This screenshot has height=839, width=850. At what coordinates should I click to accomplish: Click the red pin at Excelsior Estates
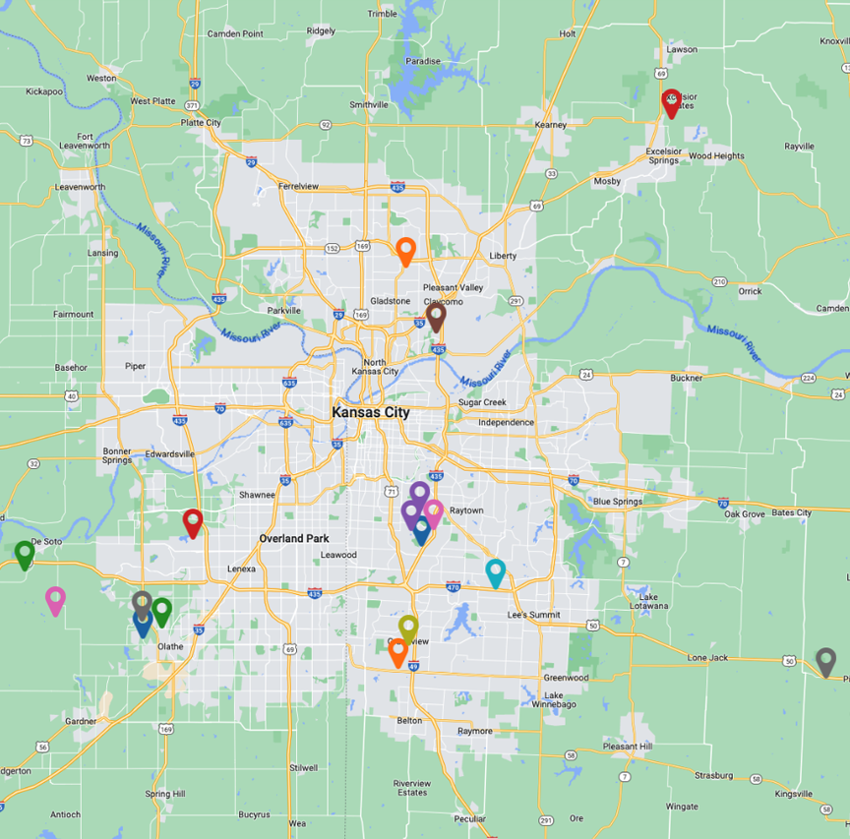[x=671, y=101]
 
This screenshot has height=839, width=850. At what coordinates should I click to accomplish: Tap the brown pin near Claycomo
[x=436, y=316]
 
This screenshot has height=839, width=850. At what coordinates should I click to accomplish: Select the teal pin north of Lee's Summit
[x=496, y=571]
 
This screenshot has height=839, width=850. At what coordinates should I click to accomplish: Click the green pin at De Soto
[x=25, y=554]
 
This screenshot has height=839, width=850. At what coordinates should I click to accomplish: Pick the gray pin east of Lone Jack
[x=825, y=661]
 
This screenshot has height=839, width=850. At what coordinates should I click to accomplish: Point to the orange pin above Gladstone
[x=405, y=251]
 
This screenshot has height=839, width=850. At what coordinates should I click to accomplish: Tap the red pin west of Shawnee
[x=193, y=522]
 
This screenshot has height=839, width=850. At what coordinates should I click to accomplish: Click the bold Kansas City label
[x=371, y=413]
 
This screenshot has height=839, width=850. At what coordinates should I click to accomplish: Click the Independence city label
[x=506, y=423]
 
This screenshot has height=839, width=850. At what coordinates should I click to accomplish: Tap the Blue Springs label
[x=617, y=502]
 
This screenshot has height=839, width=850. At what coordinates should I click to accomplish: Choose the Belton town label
[x=409, y=721]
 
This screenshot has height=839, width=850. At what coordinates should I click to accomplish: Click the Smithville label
[x=369, y=104]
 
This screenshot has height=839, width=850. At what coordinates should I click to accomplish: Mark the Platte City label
[x=201, y=123]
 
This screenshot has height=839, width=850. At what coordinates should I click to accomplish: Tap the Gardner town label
[x=82, y=721]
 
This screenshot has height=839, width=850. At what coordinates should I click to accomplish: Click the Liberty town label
[x=503, y=256]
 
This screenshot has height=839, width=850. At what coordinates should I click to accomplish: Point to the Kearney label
[x=551, y=125]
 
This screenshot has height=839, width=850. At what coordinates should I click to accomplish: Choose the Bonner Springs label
[x=116, y=456]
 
